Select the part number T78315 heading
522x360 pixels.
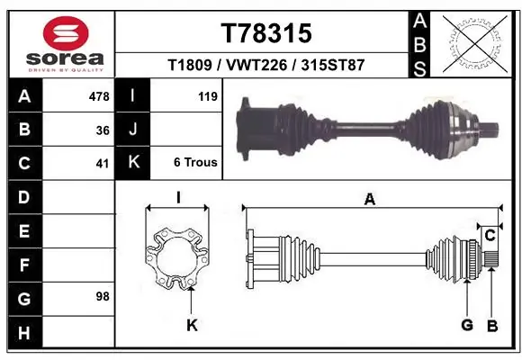[x=266, y=33]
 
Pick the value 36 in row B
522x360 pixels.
[x=103, y=130]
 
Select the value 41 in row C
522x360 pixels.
[x=103, y=163]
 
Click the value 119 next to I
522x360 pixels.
[x=206, y=95]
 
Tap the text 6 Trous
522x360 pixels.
[x=196, y=163]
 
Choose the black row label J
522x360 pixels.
[x=134, y=130]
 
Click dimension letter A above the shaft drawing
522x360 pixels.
[x=370, y=200]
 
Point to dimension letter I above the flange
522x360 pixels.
[x=178, y=198]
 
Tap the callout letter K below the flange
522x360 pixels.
[x=191, y=325]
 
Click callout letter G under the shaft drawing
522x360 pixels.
[x=467, y=325]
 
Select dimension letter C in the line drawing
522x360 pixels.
[x=490, y=236]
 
